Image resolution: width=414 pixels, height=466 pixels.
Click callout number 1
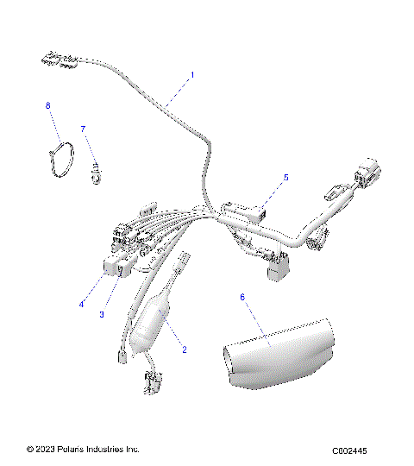(192, 75)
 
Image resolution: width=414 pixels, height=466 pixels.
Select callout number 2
(184, 349)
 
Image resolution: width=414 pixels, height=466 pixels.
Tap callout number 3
(102, 314)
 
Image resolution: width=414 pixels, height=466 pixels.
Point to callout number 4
(83, 303)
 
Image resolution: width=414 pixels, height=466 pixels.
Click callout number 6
(242, 297)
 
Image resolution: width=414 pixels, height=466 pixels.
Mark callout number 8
(48, 105)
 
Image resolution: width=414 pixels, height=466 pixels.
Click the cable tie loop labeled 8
(61, 161)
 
